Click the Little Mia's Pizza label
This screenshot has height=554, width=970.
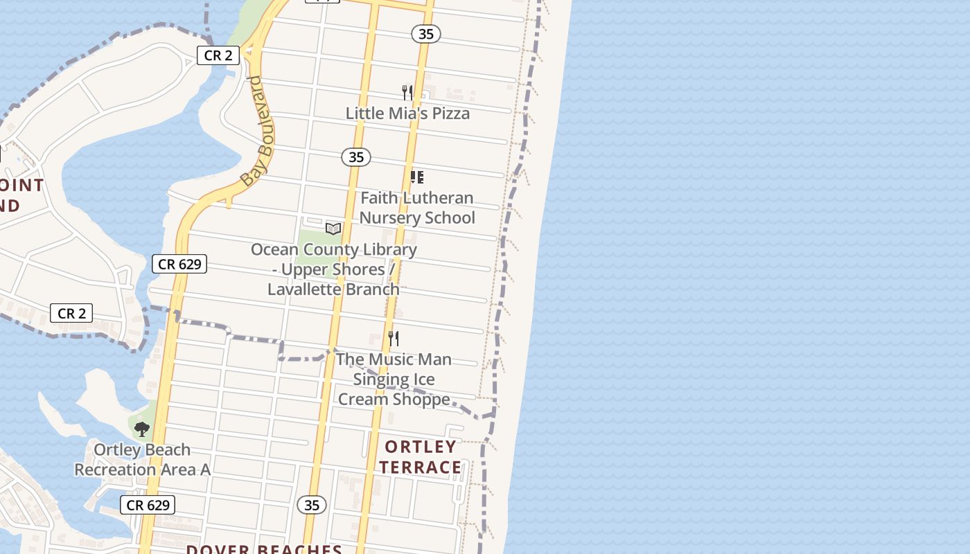click(x=407, y=113)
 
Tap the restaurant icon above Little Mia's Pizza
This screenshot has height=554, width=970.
click(x=407, y=92)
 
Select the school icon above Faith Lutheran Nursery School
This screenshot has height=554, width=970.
click(x=416, y=177)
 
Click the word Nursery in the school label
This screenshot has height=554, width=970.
click(x=390, y=217)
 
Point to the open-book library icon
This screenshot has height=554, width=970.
click(x=333, y=229)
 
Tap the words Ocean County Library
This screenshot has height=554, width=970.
click(x=334, y=249)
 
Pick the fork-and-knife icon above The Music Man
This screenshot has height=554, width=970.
click(x=393, y=338)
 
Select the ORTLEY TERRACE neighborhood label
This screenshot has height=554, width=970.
click(x=421, y=457)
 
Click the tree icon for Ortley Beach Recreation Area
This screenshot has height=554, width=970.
click(x=142, y=429)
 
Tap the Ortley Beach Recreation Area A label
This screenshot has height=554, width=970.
click(x=142, y=459)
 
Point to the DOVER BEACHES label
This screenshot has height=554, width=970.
click(x=264, y=549)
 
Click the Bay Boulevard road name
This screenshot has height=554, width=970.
click(x=258, y=132)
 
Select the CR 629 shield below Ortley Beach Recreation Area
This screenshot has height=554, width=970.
click(x=148, y=505)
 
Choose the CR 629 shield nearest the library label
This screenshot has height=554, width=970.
click(x=179, y=264)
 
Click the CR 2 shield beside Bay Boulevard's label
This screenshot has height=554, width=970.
click(x=218, y=55)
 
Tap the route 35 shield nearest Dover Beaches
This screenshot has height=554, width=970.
click(x=312, y=505)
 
